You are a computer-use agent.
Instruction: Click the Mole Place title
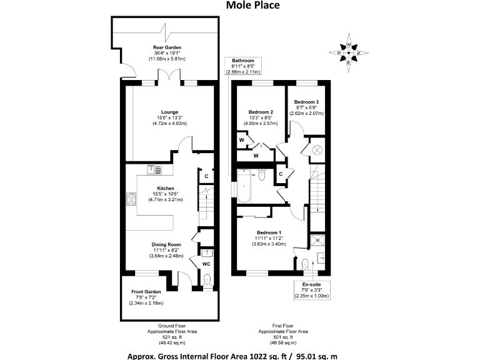coord(252,6)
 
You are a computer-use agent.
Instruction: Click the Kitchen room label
coord(166,188)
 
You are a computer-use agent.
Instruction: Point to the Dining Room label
coord(166,244)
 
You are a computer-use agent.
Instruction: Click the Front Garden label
coord(146,291)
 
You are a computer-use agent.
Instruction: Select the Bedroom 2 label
coord(261,112)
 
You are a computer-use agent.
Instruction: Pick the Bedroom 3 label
coord(307,102)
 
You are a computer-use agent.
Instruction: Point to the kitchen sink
coord(154,169)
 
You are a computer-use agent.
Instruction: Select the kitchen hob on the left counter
coord(131,199)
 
